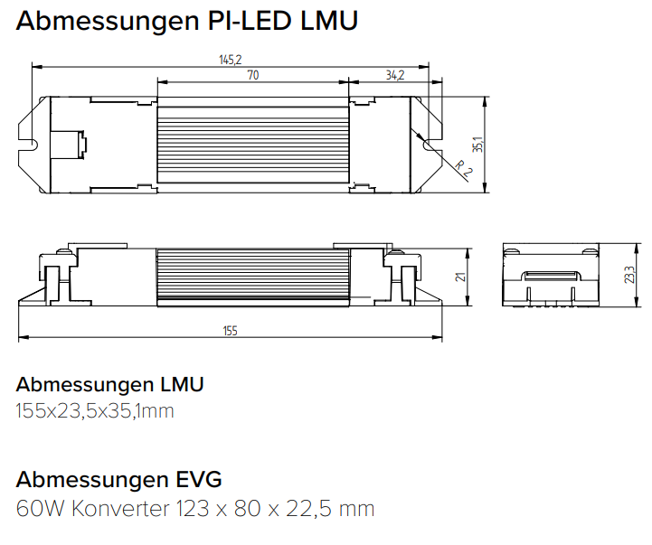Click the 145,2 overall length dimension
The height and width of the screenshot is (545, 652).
click(231, 60)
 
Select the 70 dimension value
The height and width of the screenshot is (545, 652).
click(253, 76)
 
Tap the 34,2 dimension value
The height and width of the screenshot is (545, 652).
click(394, 76)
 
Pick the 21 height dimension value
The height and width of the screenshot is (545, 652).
click(459, 277)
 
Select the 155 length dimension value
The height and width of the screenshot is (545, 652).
click(230, 332)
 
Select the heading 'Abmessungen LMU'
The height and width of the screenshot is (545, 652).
click(109, 383)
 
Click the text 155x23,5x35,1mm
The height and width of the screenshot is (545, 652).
click(95, 411)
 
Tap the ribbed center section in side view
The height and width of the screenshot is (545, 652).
click(253, 277)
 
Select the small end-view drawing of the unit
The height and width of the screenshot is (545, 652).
click(551, 277)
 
